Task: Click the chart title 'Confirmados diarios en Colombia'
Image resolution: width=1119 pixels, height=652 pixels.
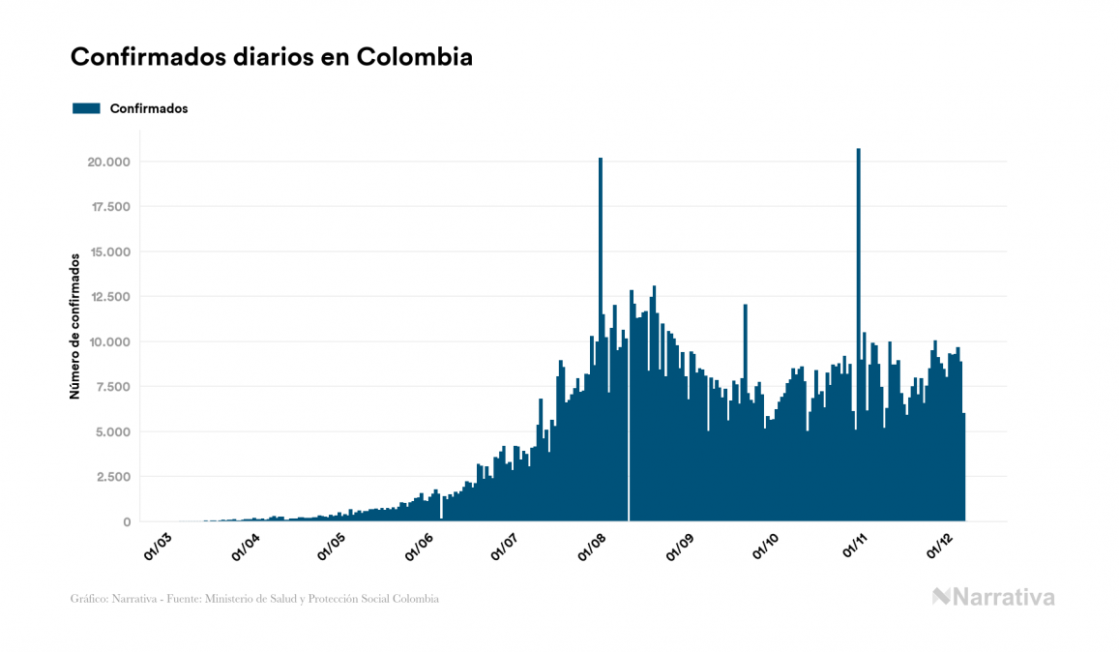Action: [272, 57]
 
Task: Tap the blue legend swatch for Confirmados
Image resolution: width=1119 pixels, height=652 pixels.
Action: [87, 108]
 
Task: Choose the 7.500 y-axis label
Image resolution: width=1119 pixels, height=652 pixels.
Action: [110, 387]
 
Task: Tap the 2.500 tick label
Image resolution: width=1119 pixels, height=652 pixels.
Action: [110, 477]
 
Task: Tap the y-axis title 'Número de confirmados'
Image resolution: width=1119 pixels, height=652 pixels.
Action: [74, 326]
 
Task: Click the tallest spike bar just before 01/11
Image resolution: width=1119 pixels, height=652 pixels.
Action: [859, 290]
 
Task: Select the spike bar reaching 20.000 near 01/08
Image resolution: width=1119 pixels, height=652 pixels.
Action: [601, 290]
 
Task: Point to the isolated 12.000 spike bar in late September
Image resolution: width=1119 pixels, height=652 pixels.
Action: [745, 387]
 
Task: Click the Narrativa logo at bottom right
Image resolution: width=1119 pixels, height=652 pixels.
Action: [993, 597]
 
